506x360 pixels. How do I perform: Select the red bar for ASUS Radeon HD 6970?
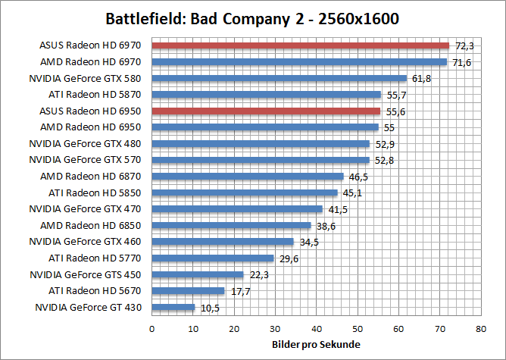301,45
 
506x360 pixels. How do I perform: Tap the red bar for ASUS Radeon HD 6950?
266,111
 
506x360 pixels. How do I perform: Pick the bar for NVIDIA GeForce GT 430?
173,307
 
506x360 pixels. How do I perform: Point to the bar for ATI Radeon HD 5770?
213,258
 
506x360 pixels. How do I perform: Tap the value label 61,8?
419,79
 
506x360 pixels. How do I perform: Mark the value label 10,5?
208,308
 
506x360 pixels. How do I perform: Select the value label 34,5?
306,243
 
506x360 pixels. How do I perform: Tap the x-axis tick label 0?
152,329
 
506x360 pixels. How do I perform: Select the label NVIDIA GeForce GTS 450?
85,274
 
